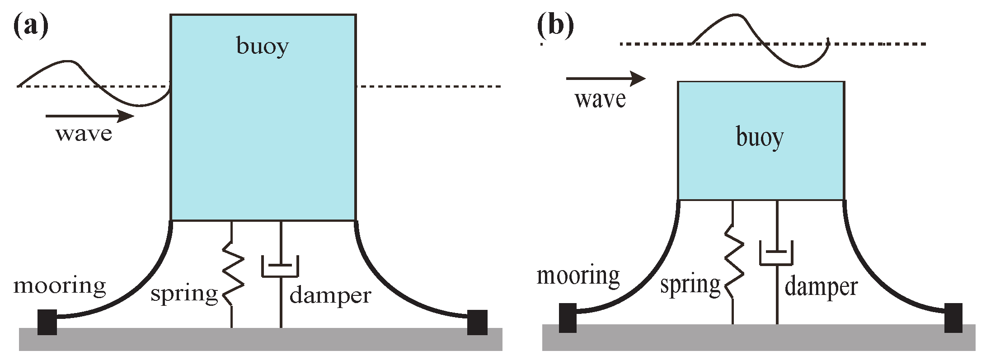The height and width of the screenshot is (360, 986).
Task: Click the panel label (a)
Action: [30, 26]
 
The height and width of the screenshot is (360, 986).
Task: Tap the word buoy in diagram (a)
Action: [263, 46]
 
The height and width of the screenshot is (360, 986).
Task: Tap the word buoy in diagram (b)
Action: [760, 137]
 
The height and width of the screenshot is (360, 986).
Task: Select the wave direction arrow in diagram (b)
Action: [605, 79]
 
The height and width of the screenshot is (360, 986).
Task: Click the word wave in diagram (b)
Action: [600, 99]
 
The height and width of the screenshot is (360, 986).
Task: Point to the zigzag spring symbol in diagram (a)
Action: [233, 274]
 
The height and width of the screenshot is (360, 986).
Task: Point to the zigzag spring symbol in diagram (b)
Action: [734, 262]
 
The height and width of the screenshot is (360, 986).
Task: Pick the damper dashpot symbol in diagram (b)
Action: [776, 253]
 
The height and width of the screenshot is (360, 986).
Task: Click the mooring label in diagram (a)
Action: [60, 286]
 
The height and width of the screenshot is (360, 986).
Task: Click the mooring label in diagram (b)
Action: [578, 276]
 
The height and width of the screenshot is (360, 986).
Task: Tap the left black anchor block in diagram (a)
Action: [47, 322]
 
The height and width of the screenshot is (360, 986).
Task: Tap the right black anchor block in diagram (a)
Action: [477, 322]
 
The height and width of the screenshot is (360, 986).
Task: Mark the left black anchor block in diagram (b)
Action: [568, 318]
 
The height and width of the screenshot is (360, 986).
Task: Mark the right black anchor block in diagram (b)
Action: [953, 318]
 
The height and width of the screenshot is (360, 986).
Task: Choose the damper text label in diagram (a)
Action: [330, 295]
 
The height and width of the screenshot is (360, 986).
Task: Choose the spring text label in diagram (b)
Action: [690, 285]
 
